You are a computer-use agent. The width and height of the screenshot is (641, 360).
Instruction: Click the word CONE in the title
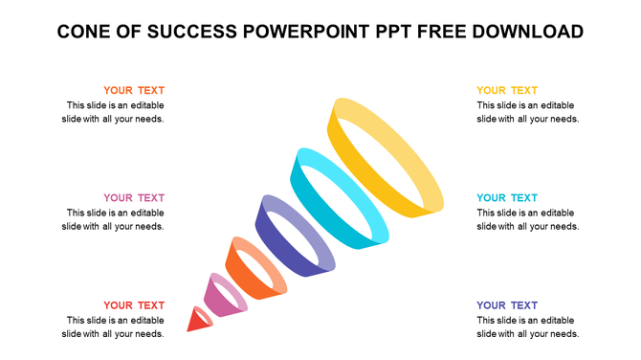coord(83,32)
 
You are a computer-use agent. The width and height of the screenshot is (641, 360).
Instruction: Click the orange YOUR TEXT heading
coord(134,91)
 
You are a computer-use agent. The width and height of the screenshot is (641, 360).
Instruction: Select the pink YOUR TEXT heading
coord(134,198)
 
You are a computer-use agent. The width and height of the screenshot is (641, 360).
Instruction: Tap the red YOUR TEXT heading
coord(134,305)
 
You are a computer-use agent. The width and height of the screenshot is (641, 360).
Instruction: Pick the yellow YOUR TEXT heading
coord(507,91)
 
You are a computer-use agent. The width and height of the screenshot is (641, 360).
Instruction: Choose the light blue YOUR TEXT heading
coord(507,198)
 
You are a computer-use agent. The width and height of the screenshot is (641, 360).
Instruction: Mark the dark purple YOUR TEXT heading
coord(507,305)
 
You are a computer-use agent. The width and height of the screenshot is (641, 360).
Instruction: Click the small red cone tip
coord(198,320)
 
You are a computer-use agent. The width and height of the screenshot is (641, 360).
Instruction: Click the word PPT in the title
coord(396,32)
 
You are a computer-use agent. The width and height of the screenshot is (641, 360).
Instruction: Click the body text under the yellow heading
coord(527,112)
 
